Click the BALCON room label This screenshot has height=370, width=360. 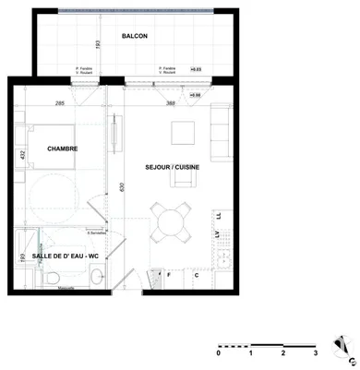click(135, 37)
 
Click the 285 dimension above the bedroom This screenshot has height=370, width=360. click(60, 103)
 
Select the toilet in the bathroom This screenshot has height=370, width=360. click(54, 276)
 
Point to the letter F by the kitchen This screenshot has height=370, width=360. click(170, 275)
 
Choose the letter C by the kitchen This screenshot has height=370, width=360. click(196, 275)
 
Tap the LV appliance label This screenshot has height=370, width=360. click(219, 236)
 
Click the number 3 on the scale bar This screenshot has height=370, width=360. click(316, 352)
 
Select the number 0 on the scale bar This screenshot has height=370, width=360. click(219, 352)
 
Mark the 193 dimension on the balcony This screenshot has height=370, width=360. click(96, 43)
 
